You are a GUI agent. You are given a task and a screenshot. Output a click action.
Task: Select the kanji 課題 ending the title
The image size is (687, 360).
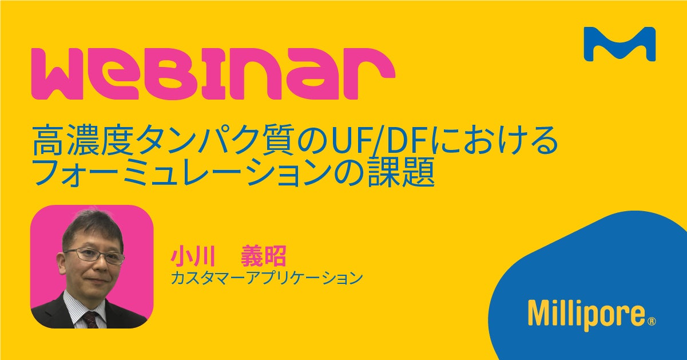point(402,172)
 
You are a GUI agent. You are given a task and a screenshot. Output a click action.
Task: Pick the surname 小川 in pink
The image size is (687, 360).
point(193,256)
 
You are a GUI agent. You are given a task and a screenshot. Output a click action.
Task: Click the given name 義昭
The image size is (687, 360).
point(264,256)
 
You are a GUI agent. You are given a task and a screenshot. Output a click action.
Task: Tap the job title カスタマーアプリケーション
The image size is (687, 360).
point(267,278)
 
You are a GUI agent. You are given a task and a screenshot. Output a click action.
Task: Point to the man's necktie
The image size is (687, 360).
point(91,320)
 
